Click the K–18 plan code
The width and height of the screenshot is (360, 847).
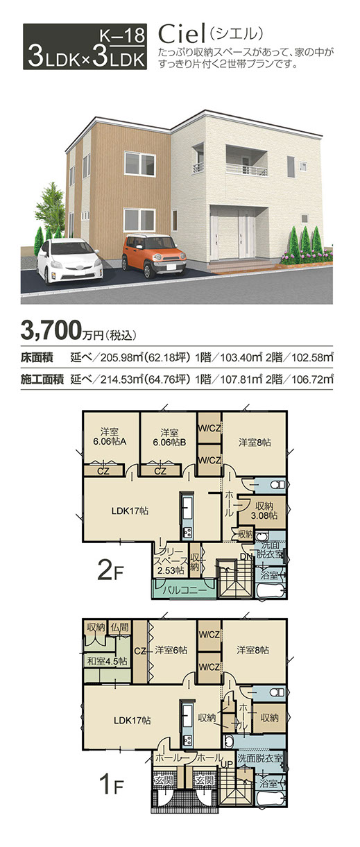pyautogui.click(x=122, y=35)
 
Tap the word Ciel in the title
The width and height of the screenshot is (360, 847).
pyautogui.click(x=182, y=35)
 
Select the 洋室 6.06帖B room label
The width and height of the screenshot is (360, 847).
pyautogui.click(x=169, y=437)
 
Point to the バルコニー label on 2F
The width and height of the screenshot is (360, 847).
pyautogui.click(x=185, y=590)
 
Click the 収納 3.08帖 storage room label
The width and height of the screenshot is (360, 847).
pyautogui.click(x=264, y=511)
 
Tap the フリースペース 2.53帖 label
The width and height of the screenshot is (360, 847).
pyautogui.click(x=171, y=561)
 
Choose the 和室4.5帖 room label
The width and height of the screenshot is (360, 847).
pyautogui.click(x=107, y=661)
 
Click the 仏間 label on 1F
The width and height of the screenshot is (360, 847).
pyautogui.click(x=120, y=628)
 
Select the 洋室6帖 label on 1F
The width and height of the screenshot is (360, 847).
pyautogui.click(x=171, y=649)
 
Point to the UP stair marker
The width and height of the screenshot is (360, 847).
pyautogui.click(x=228, y=764)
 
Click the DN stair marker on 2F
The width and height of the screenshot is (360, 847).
pyautogui.click(x=246, y=556)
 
